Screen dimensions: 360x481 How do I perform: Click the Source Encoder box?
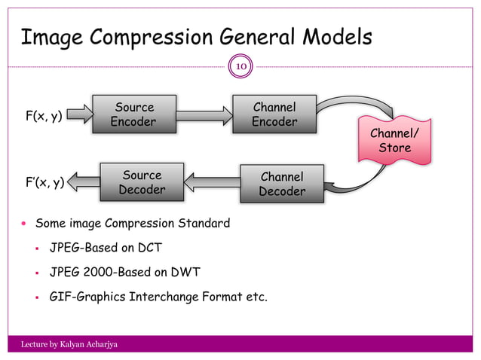[x=133, y=114]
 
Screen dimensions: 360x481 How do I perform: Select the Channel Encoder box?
[x=274, y=114]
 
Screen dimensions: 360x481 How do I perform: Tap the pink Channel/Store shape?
[x=394, y=141]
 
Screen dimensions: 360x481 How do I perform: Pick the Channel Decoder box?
[x=281, y=184]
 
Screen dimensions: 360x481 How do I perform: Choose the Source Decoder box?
[x=142, y=182]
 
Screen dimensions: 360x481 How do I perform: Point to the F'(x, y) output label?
[x=44, y=182]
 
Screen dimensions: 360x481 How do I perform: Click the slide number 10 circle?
[x=240, y=66]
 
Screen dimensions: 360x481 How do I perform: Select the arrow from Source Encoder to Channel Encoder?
[x=204, y=114]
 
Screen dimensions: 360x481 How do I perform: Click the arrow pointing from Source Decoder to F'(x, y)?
[x=84, y=181]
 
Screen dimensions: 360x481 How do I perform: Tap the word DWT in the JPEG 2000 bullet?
[x=183, y=271]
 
